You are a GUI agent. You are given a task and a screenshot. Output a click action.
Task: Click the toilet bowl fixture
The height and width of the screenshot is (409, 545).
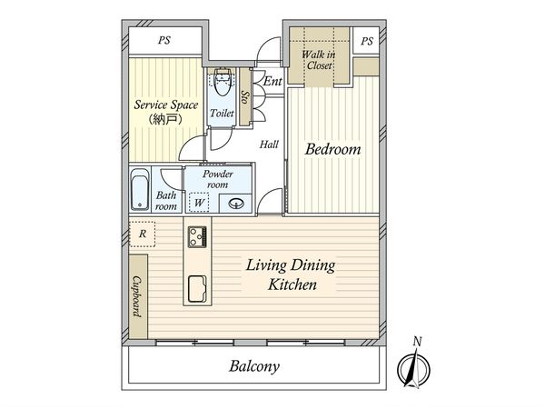221,82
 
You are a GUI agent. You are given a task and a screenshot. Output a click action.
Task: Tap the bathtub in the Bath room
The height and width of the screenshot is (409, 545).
140,189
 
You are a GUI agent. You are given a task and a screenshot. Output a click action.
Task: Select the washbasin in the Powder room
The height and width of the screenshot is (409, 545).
235,203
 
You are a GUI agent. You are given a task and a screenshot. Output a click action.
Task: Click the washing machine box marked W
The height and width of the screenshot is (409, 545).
198,203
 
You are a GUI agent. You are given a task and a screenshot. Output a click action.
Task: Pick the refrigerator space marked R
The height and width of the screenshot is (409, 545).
143,234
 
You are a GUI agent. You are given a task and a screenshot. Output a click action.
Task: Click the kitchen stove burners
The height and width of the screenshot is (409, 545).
197,237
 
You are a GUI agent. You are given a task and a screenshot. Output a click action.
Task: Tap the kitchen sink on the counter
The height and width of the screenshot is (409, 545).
197,289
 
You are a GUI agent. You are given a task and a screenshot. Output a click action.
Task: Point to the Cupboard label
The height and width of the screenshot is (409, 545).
138,296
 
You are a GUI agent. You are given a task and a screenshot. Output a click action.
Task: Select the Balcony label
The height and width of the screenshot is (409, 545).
254,366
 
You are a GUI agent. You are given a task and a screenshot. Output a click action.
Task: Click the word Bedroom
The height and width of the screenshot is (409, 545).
332,149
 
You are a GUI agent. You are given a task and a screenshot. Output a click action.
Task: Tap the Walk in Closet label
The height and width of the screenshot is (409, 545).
319,60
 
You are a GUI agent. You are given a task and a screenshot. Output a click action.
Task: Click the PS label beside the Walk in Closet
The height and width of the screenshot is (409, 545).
367,42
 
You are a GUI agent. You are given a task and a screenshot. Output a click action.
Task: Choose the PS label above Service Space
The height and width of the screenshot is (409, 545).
164,40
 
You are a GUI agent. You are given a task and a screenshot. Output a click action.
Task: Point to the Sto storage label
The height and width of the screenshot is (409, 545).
245,97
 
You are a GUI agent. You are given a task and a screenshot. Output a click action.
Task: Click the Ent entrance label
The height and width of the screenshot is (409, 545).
272,82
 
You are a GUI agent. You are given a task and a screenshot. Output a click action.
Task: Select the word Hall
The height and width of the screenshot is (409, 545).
269,145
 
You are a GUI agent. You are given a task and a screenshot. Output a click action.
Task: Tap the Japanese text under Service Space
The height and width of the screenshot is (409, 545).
165,119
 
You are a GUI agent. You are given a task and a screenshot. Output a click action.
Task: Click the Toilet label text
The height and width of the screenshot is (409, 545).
222,113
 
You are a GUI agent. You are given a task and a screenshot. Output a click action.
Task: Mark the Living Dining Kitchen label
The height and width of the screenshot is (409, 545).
291,274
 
